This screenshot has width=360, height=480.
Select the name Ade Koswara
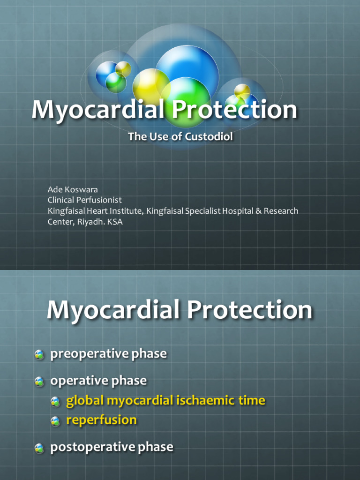point(73,189)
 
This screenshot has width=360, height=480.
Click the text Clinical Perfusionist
point(84,200)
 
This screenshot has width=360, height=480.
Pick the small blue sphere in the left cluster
point(105,71)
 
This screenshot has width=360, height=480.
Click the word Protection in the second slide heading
point(249,311)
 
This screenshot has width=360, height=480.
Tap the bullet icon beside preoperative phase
point(39,355)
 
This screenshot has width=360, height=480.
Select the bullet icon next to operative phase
point(39,382)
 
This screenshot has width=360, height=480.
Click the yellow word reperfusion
point(101,420)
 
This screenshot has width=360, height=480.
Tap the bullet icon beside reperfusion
point(55,421)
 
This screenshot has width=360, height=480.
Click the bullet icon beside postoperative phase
point(39,449)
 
